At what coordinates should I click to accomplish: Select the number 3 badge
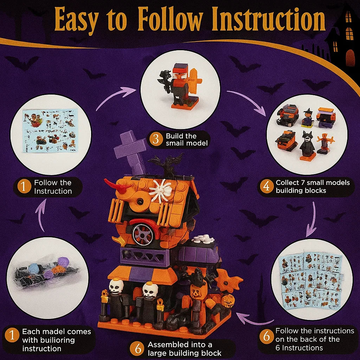[x=154, y=140]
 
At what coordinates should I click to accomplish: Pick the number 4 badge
[x=266, y=187]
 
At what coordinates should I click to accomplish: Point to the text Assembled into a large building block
[x=184, y=349]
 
